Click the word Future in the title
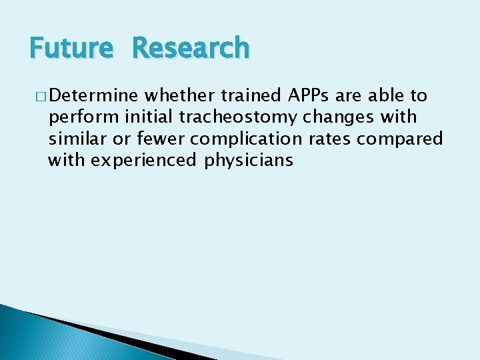71,49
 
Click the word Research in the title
191,49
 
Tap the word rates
329,139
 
